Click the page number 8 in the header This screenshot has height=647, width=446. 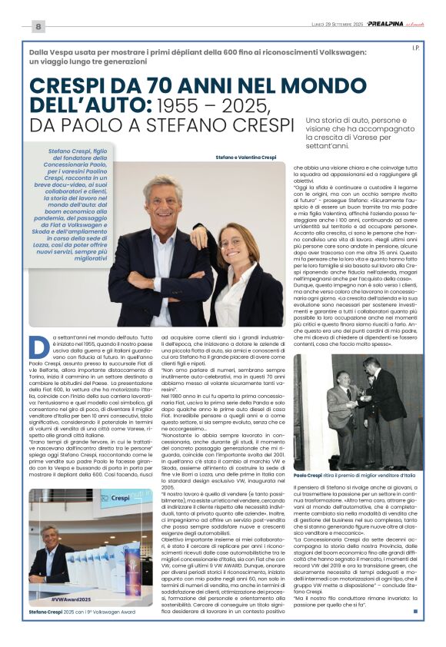coord(38,26)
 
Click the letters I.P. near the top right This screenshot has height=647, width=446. coord(414,48)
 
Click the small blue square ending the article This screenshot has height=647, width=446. coord(415,612)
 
